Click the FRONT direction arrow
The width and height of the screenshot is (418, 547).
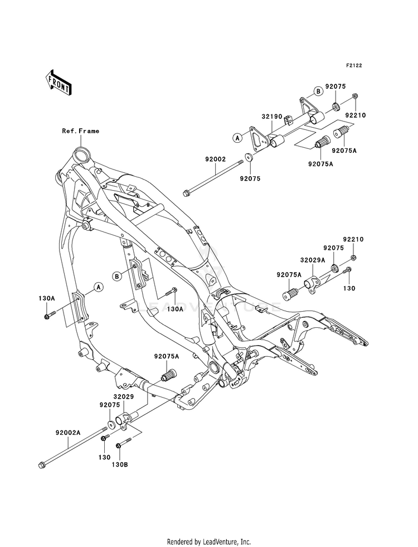pos(58,82)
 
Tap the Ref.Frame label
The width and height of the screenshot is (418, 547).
pos(80,131)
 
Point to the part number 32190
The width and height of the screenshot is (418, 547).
pos(273,116)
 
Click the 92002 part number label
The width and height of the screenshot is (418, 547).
pos(216,159)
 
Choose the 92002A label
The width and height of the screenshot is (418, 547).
pos(67,432)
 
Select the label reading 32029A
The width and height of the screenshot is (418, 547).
pos(312,260)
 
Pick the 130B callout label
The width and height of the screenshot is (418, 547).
pos(120,464)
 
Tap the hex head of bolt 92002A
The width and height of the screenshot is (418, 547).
pos(41,465)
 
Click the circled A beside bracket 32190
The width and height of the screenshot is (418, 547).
pos(237,138)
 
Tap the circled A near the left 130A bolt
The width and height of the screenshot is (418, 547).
pos(98,287)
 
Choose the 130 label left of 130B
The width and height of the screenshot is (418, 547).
pos(105,457)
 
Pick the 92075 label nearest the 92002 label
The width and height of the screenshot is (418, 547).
pos(250,178)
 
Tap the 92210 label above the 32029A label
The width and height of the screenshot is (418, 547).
pos(353,239)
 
